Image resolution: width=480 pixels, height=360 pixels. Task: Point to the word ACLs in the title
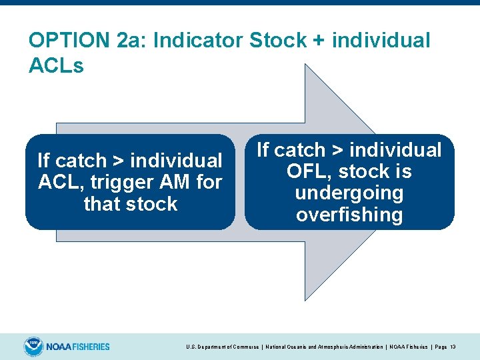[57, 66]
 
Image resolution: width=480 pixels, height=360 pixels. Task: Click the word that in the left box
[104, 203]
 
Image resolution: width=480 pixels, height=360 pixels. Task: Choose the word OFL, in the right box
[311, 171]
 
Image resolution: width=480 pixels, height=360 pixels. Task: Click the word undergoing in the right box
[349, 193]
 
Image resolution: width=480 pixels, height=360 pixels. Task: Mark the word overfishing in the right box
[349, 215]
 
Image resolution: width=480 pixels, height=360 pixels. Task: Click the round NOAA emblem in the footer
[33, 347]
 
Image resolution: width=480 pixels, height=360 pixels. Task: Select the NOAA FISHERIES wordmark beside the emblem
[78, 347]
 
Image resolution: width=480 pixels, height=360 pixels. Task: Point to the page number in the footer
[453, 347]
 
